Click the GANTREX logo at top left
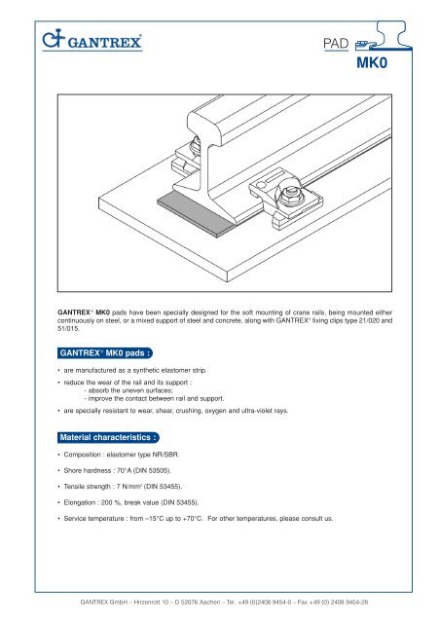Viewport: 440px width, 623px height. coord(92,40)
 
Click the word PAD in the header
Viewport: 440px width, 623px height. coord(336,43)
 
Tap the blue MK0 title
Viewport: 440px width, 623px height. coord(372,62)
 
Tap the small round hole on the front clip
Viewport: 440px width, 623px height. coord(260,185)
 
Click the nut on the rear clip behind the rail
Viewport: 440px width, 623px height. coord(195,146)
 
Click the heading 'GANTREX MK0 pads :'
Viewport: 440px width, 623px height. coord(105,352)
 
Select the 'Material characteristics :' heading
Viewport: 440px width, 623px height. coord(108,437)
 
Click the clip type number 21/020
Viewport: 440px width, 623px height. coord(369,320)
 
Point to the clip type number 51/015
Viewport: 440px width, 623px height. coord(68,329)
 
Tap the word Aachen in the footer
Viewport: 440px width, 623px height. coord(209,602)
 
